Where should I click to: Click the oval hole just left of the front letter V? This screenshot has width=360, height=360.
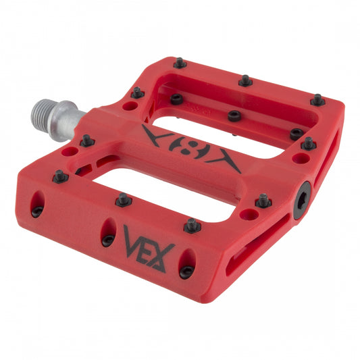tap(107, 232)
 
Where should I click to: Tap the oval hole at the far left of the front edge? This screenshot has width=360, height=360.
tap(37, 204)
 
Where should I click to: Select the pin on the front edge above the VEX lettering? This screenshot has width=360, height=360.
tap(192, 225)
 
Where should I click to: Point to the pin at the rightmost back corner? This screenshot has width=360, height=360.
tap(317, 100)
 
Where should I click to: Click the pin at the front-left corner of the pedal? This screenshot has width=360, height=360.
tap(60, 176)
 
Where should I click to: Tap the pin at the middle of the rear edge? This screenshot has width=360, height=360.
tap(245, 80)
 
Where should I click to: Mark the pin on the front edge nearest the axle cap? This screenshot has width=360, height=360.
tap(263, 201)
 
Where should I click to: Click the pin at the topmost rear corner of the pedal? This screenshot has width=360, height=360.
tap(180, 63)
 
